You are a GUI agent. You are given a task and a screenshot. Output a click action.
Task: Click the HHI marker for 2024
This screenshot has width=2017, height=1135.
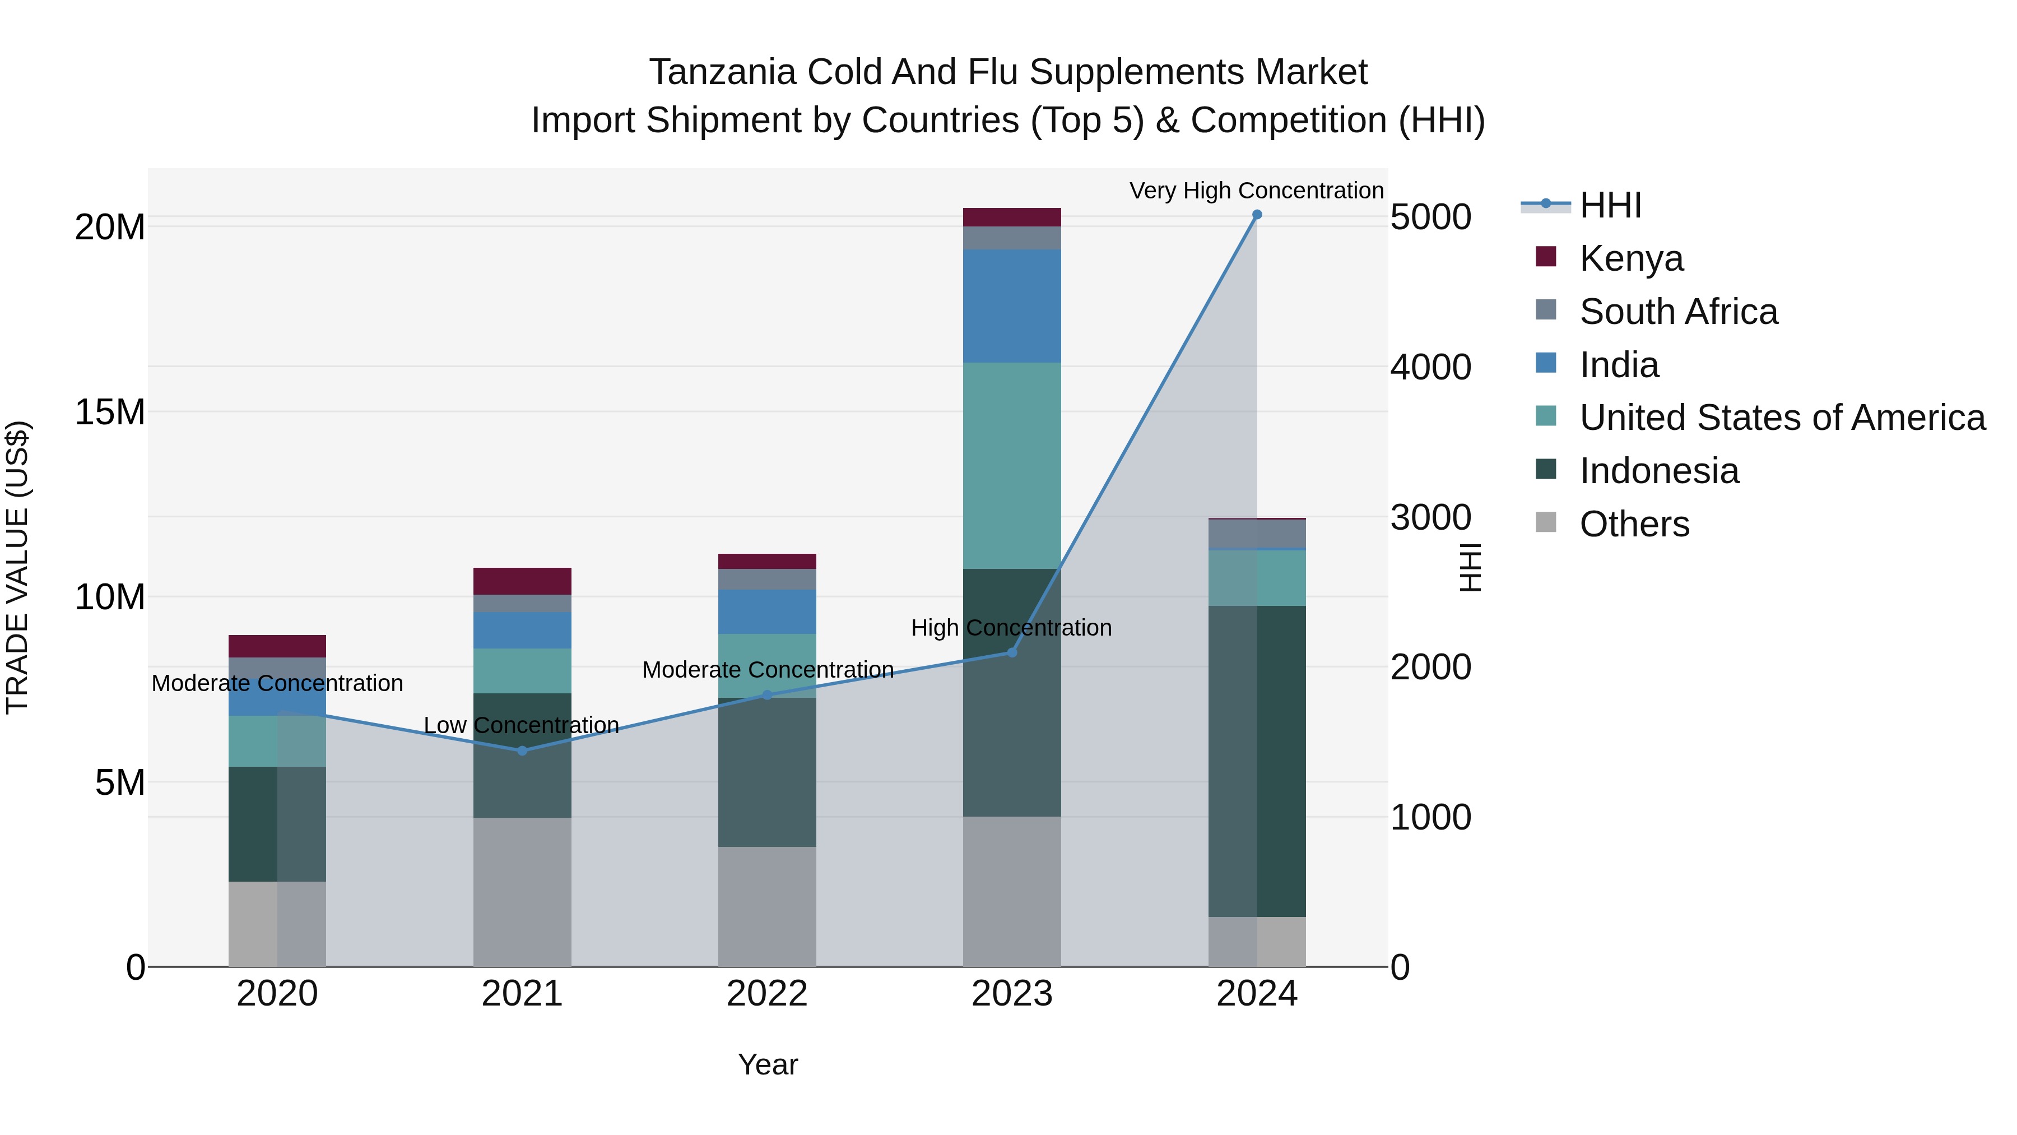[x=1257, y=215]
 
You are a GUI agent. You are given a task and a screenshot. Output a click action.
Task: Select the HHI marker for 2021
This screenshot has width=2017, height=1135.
[x=522, y=751]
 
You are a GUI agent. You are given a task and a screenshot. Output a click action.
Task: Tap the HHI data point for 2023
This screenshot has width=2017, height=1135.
[x=1012, y=652]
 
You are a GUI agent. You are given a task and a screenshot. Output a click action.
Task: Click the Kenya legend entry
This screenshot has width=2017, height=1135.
[x=1630, y=258]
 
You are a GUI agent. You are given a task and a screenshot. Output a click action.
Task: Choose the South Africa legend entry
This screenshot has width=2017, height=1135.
[x=1678, y=312]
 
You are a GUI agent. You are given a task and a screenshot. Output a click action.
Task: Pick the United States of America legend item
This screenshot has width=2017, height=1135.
[x=1781, y=418]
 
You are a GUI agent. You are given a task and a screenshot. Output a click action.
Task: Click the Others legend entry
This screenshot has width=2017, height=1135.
[x=1634, y=524]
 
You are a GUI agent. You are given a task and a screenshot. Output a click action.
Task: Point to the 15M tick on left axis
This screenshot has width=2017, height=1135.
[x=110, y=412]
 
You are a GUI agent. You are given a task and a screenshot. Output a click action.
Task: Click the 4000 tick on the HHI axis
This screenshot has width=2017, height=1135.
[x=1430, y=367]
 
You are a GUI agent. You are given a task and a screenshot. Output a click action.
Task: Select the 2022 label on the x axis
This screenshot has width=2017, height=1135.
[x=766, y=994]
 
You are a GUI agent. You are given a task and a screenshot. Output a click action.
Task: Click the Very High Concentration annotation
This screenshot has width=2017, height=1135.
[x=1256, y=191]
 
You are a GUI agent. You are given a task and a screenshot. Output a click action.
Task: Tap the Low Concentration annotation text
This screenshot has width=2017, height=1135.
[x=522, y=725]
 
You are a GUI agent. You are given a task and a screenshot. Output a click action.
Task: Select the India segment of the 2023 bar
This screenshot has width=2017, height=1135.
[x=1012, y=305]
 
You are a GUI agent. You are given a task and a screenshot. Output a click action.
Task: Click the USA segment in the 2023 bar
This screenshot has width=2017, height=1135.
[x=1012, y=465]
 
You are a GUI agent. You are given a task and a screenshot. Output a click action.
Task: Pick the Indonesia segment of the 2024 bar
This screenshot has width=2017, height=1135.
[x=1257, y=760]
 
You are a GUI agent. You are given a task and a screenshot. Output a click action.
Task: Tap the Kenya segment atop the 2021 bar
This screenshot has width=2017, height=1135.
[x=522, y=581]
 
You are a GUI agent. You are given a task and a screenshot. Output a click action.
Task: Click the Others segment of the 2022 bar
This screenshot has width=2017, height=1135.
[x=766, y=906]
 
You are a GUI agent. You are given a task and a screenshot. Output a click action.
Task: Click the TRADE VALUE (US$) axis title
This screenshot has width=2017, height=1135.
[x=17, y=567]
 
